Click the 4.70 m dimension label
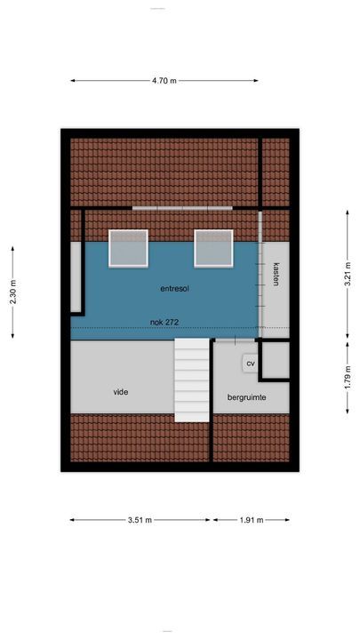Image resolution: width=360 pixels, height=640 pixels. click(164, 81)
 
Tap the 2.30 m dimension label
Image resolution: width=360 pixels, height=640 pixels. click(12, 292)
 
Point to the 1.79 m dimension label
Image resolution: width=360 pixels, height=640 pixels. click(347, 375)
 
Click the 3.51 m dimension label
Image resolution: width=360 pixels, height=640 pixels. click(140, 520)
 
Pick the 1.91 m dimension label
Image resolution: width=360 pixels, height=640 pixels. click(250, 520)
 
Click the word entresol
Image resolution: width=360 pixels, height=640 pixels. click(175, 289)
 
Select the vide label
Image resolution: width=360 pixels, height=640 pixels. click(121, 391)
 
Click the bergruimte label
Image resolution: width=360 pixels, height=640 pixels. click(246, 397)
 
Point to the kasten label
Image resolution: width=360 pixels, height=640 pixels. click(276, 274)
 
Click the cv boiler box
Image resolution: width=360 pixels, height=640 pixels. click(250, 364)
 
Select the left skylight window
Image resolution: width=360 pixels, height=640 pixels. click(128, 248)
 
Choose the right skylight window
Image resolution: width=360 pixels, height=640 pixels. click(213, 248)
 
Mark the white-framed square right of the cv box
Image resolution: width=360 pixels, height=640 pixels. click(275, 359)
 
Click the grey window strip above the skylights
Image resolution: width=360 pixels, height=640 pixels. click(182, 208)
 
